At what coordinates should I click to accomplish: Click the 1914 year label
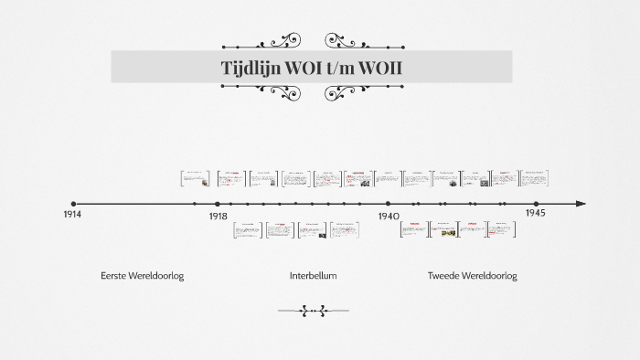click(x=71, y=214)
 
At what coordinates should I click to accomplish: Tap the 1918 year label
click(x=218, y=217)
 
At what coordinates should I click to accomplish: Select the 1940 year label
click(x=389, y=217)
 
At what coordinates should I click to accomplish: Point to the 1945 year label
click(x=536, y=213)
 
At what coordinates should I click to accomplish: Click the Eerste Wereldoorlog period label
click(x=143, y=276)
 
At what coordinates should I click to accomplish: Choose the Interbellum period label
click(x=313, y=276)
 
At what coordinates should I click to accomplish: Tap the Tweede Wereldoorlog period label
click(x=472, y=276)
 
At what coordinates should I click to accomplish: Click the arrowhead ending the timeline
click(x=580, y=204)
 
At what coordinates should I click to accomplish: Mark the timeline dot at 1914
click(x=73, y=204)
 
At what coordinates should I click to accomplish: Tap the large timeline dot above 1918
click(x=217, y=204)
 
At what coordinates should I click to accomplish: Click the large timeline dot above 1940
click(x=388, y=204)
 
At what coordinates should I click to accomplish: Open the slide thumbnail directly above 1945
click(x=534, y=178)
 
